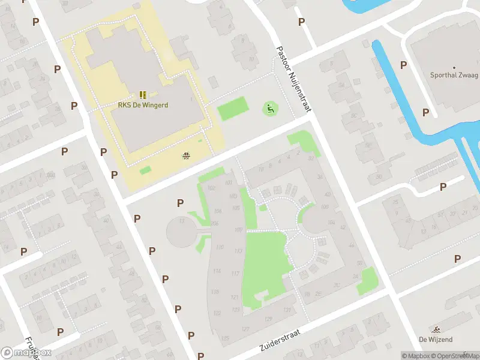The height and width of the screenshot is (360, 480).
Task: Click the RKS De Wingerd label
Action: tap(143, 105)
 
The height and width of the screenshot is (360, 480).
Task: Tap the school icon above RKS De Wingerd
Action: tap(143, 95)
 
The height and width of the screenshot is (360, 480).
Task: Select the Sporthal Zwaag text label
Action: tap(454, 76)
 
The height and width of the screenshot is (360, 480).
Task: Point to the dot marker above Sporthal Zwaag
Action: tap(454, 68)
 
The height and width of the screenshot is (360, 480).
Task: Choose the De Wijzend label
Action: tap(435, 340)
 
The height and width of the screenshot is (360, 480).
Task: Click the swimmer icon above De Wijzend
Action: tap(435, 330)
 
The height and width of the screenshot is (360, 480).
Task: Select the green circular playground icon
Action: tap(270, 109)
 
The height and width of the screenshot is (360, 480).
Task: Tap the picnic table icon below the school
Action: tap(187, 156)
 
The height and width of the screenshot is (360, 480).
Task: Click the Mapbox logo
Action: tap(26, 353)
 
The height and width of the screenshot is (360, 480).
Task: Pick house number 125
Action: tap(225, 338)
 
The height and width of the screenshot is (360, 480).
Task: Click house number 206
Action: tap(215, 223)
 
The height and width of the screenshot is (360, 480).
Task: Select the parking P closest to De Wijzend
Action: tap(457, 259)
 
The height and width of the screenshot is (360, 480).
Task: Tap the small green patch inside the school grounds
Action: tap(145, 170)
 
